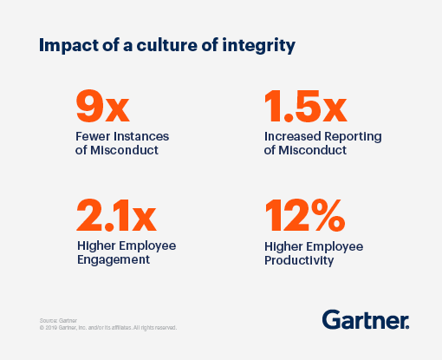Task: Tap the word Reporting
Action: [x=355, y=137]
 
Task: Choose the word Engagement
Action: [x=113, y=259]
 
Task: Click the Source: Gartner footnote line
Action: [x=58, y=320]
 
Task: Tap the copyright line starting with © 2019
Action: [x=108, y=328]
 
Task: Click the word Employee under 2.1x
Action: [x=146, y=245]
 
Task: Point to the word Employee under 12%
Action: [x=334, y=245]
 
